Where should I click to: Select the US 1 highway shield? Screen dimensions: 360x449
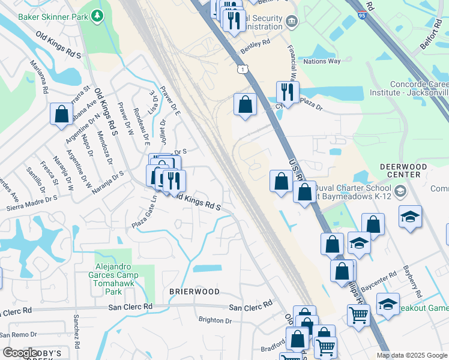242,71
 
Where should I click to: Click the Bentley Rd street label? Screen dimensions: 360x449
256,43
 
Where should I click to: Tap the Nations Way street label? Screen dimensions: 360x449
322,61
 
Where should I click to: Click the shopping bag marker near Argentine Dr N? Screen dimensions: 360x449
61,113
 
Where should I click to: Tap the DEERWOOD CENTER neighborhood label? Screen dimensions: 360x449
403,170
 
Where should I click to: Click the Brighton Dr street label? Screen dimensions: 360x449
215,320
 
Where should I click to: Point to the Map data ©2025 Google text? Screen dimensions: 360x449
411,355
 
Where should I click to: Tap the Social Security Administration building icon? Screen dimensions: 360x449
292,22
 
